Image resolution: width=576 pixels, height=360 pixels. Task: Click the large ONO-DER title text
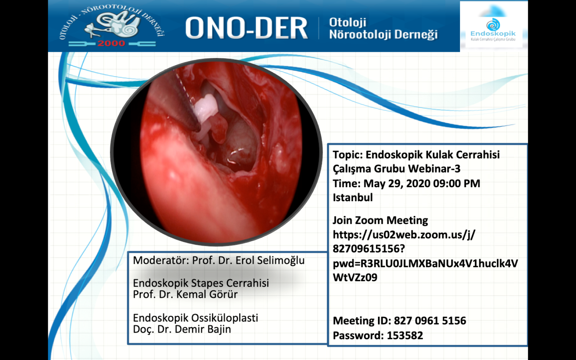246,27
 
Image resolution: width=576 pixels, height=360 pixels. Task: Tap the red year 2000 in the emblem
111,43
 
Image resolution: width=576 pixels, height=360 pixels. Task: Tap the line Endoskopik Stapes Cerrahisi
201,283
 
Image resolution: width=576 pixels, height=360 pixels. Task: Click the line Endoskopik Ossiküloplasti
195,318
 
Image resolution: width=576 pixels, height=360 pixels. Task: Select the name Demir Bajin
203,329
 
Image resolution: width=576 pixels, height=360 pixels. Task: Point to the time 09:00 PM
457,184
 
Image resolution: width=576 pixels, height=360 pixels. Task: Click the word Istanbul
352,198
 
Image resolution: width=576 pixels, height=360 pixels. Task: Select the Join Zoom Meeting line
380,221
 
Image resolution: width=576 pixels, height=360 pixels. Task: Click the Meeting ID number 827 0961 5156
430,321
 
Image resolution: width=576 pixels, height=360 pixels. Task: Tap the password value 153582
405,335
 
